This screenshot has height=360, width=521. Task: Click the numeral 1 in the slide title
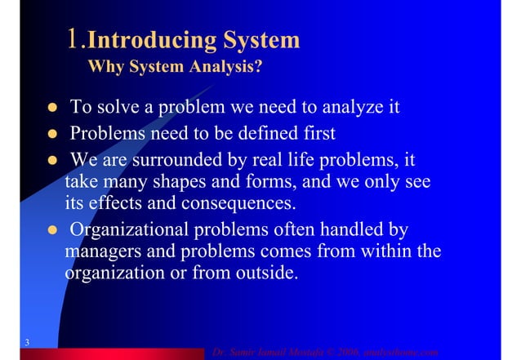pos(76,39)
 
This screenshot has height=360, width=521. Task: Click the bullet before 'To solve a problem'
pos(51,108)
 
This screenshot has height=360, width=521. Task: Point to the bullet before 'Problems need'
pos(51,133)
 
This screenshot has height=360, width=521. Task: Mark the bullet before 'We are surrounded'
pos(51,158)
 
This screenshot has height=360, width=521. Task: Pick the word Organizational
pos(135,229)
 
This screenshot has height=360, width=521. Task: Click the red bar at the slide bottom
pos(114,353)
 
